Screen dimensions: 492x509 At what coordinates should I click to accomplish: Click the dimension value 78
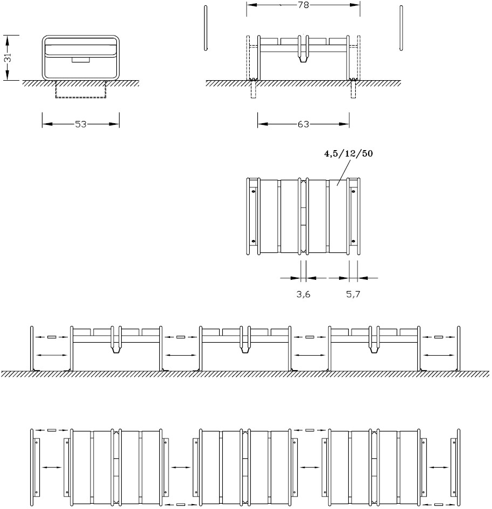(x=303, y=5)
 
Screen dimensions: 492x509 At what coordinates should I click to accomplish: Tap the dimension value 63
(x=303, y=124)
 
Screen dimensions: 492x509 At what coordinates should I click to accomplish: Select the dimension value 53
(x=81, y=124)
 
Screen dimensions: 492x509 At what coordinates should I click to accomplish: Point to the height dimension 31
(x=8, y=58)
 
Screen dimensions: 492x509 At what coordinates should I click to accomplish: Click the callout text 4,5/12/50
(x=348, y=153)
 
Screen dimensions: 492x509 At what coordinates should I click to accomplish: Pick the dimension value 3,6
(x=303, y=294)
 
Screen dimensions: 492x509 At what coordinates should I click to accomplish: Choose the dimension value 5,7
(x=353, y=294)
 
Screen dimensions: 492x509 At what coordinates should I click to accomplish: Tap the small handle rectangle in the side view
(x=81, y=60)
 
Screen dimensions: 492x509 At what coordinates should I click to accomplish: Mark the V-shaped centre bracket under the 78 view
(x=303, y=59)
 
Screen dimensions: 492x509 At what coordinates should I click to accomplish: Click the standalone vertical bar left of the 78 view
(x=206, y=28)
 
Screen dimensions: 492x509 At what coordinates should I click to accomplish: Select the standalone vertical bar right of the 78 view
(x=401, y=28)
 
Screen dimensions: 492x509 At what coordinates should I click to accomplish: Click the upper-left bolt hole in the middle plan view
(x=254, y=191)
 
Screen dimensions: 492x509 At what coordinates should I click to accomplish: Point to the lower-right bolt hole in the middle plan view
(x=353, y=242)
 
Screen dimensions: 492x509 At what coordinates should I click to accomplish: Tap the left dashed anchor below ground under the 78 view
(x=254, y=89)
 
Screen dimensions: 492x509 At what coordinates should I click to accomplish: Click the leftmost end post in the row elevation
(x=32, y=348)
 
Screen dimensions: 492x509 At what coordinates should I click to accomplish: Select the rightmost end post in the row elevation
(x=459, y=348)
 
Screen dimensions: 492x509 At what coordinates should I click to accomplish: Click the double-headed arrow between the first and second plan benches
(x=181, y=467)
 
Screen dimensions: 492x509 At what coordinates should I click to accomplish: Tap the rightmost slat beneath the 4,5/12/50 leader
(x=338, y=216)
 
